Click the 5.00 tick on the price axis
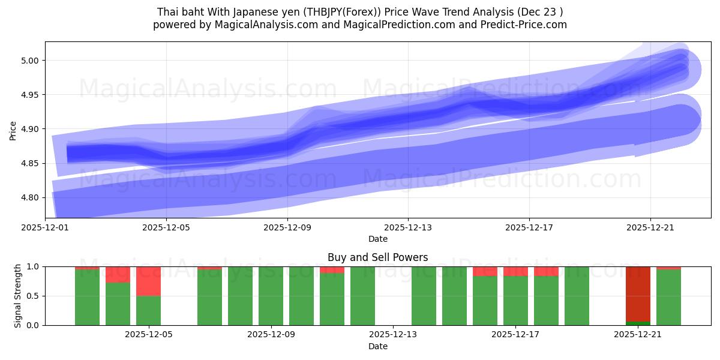click(30, 61)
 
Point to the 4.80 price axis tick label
click(30, 198)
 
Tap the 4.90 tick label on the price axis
click(30, 129)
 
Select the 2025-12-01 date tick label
click(46, 227)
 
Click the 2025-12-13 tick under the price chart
click(408, 227)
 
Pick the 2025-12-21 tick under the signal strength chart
click(638, 334)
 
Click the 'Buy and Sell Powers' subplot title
click(377, 257)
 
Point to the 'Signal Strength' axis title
click(18, 296)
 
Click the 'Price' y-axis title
click(13, 130)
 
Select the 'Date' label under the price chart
click(377, 239)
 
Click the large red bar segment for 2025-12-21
click(638, 294)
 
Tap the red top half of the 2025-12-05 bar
click(148, 281)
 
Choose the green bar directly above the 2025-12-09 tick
click(271, 296)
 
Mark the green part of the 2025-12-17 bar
click(515, 301)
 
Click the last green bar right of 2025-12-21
click(668, 298)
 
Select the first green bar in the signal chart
click(87, 298)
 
